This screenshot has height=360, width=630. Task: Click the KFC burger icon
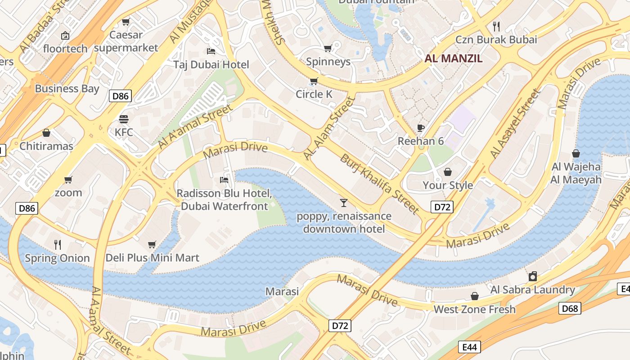pos(124,119)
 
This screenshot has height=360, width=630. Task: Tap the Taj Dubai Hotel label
pos(211,64)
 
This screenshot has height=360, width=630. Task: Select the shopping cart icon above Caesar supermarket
pos(126,22)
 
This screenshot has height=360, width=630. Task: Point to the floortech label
pos(65,49)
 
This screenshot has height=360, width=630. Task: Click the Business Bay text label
pos(67,89)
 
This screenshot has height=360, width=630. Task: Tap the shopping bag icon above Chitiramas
pos(46,133)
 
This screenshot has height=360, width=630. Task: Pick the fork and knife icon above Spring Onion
pos(57,245)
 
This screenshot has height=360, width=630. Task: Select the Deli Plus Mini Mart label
pos(152,258)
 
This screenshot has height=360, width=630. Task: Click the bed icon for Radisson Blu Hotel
pos(224,180)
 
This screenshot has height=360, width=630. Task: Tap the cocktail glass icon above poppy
pos(344,203)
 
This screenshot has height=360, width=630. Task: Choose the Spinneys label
pos(328,62)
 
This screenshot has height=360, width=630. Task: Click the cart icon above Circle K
pos(314,81)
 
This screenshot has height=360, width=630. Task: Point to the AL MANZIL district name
pos(454,58)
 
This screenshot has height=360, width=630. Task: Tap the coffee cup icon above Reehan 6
pos(420,128)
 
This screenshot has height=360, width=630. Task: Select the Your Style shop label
pos(448,185)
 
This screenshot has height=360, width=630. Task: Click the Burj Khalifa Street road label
pos(379,184)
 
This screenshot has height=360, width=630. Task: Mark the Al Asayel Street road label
pos(515,124)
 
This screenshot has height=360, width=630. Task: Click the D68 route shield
pos(570,308)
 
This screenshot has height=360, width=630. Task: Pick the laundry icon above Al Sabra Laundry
pos(533,276)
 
